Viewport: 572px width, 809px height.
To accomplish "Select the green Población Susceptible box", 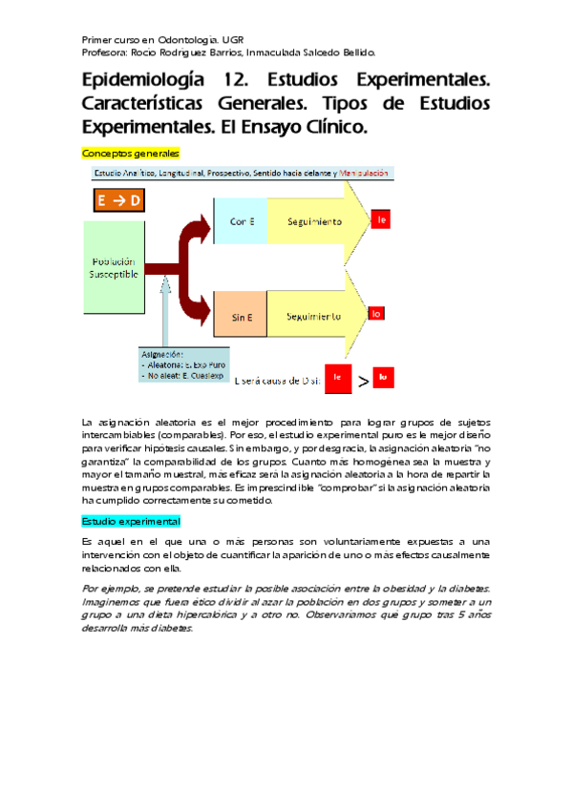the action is point(115,268).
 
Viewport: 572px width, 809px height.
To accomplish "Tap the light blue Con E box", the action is point(242,221).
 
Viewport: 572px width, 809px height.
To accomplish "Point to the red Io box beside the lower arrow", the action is point(377,313).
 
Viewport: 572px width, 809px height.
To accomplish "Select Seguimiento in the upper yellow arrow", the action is point(314,221).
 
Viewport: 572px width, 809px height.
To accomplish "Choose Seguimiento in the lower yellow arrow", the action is point(311,315).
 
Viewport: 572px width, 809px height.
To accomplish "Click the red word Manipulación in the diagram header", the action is point(363,173).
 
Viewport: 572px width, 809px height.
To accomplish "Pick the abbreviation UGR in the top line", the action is point(232,40).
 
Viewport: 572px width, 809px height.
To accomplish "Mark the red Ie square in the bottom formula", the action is point(337,379).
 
